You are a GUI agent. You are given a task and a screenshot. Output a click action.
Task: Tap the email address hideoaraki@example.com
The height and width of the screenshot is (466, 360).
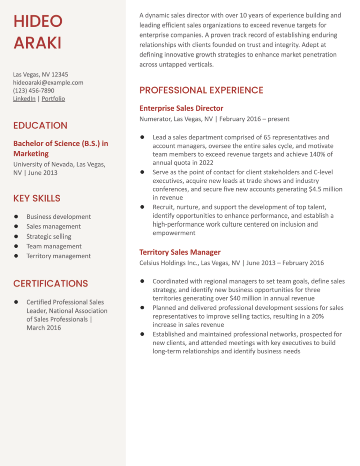coord(48,82)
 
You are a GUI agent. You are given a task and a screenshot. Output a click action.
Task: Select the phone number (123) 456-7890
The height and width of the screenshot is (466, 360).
coord(34,90)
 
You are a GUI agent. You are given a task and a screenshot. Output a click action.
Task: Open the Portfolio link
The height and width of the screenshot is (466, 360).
coord(53,98)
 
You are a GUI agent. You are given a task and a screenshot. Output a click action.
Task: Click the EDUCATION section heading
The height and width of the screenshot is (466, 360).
coord(40,126)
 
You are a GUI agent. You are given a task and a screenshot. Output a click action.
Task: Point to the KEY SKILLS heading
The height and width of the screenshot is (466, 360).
coord(37,198)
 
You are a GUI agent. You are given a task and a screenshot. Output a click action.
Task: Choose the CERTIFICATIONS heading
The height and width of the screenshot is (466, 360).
coord(51,284)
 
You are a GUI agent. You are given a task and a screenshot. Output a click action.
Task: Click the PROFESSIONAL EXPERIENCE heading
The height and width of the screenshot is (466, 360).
coord(201,90)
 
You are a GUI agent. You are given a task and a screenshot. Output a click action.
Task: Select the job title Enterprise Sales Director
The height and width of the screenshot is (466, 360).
coord(181,108)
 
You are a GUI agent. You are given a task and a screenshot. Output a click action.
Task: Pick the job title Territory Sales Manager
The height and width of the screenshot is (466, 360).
coord(180,252)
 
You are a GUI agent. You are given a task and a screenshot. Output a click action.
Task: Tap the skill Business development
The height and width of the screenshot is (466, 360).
coord(59,217)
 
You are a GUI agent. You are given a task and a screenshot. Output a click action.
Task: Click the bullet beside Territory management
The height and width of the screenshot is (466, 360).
coord(16,256)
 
